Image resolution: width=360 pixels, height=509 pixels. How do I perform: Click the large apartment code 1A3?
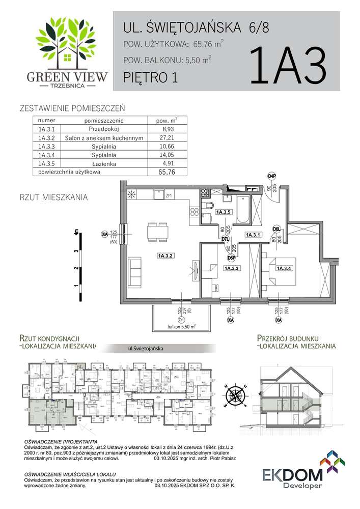tap(288, 67)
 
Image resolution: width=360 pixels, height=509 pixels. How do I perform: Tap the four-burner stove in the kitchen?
tap(205, 193)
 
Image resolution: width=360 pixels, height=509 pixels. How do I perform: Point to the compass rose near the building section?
tap(236, 396)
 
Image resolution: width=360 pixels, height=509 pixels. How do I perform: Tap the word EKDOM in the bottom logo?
tap(292, 476)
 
